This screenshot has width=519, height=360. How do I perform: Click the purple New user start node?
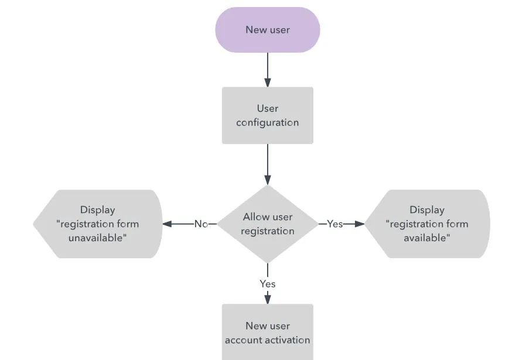pos(268,30)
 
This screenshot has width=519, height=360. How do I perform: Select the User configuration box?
pos(268,115)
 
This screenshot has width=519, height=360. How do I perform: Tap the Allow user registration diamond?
pos(268,224)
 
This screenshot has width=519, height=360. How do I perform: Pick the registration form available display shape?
pos(427,224)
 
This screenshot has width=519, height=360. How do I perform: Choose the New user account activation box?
pos(268,332)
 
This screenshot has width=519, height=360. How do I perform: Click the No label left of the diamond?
pos(201,224)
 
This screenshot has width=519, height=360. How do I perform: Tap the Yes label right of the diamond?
pos(334,224)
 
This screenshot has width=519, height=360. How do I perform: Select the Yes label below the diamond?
pos(268,284)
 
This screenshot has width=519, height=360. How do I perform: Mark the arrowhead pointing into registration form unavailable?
pos(167,224)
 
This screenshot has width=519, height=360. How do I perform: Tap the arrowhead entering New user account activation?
pos(268,299)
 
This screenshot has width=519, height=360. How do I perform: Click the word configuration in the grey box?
pos(268,123)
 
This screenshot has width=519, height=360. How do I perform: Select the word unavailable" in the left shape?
pos(98,238)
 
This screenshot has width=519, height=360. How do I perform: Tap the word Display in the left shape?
pos(98,210)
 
